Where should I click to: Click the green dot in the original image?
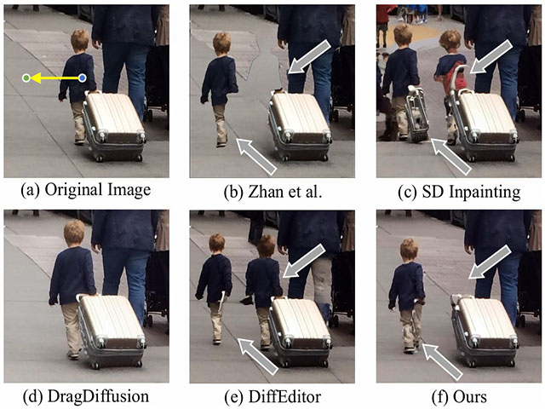(26, 78)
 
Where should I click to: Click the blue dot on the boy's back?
(82, 78)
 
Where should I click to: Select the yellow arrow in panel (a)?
(54, 78)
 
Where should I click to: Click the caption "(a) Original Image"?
(86, 190)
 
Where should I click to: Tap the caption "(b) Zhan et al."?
(272, 191)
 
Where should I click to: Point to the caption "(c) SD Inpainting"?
(459, 192)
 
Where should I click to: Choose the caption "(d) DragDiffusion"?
(86, 396)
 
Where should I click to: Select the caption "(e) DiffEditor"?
(272, 397)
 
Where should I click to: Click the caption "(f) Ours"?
(459, 397)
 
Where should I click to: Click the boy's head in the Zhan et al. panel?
(222, 43)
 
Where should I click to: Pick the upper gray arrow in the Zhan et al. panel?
(309, 56)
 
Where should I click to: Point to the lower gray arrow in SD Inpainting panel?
(450, 157)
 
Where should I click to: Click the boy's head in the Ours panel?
(409, 249)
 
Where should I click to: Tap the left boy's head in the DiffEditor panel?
(216, 244)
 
